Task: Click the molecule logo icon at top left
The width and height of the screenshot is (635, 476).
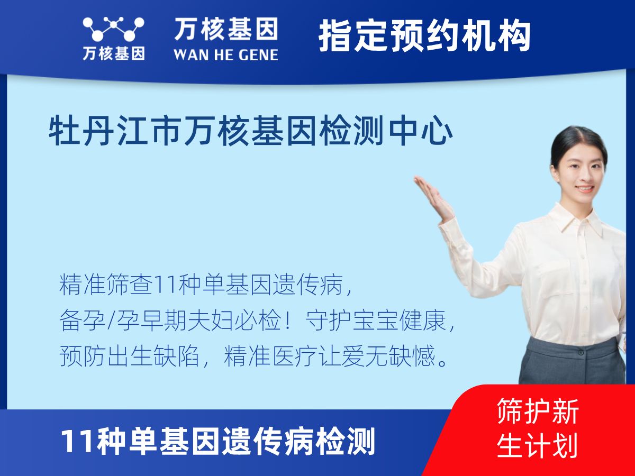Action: coord(113,29)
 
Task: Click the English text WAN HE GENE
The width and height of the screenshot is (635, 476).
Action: coord(226,55)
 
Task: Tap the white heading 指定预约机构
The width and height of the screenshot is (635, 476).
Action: coord(424,35)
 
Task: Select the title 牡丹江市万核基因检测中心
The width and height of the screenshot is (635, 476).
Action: coord(250,130)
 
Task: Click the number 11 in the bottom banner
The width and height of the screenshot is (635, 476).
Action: coord(77,442)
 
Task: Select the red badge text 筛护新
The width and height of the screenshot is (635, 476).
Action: coord(538,411)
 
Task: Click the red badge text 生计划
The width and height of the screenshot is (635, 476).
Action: coord(537,445)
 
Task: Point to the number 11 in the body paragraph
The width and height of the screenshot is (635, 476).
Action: coord(166,284)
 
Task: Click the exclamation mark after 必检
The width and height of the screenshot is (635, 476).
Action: coord(287,320)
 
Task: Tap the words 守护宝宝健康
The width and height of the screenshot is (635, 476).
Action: coord(375,320)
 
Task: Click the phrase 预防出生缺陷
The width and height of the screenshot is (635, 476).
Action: coord(129,356)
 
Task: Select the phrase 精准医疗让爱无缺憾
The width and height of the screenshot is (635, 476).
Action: coord(330,356)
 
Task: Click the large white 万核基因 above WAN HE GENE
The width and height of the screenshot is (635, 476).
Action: coord(226,29)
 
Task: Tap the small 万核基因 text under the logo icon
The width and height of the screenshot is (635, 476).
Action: coord(114,53)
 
